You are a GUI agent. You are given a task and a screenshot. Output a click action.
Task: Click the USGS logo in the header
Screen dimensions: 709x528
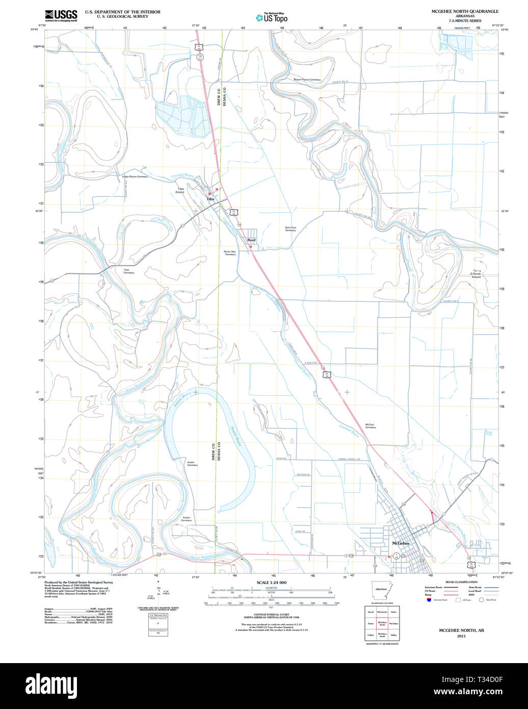point(61,15)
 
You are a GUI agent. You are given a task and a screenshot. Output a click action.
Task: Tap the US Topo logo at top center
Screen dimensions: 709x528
point(272,17)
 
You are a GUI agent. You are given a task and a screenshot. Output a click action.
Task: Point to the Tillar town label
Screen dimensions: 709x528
point(210,199)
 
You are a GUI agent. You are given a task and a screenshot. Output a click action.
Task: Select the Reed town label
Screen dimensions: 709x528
point(251,240)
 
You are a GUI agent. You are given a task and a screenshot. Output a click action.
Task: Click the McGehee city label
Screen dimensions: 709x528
point(401,544)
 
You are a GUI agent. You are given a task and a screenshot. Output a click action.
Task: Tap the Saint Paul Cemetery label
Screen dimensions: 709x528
point(290,229)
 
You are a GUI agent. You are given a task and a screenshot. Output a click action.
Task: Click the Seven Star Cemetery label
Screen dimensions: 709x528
point(230,252)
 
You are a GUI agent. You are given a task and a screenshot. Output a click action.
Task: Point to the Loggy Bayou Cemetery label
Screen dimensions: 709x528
point(135,176)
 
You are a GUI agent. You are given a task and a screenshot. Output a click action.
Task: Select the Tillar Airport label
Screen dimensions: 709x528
point(179,190)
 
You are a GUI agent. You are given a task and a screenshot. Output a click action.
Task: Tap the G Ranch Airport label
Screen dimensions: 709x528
point(475,275)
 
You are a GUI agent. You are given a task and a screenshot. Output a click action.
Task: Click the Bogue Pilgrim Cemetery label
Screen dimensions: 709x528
point(307,80)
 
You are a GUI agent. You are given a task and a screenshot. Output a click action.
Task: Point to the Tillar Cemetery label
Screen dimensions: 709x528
point(129,271)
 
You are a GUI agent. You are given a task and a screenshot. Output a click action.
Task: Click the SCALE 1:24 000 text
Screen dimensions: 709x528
point(272,583)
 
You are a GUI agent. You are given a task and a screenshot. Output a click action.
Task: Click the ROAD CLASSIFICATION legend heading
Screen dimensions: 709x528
point(461,582)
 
